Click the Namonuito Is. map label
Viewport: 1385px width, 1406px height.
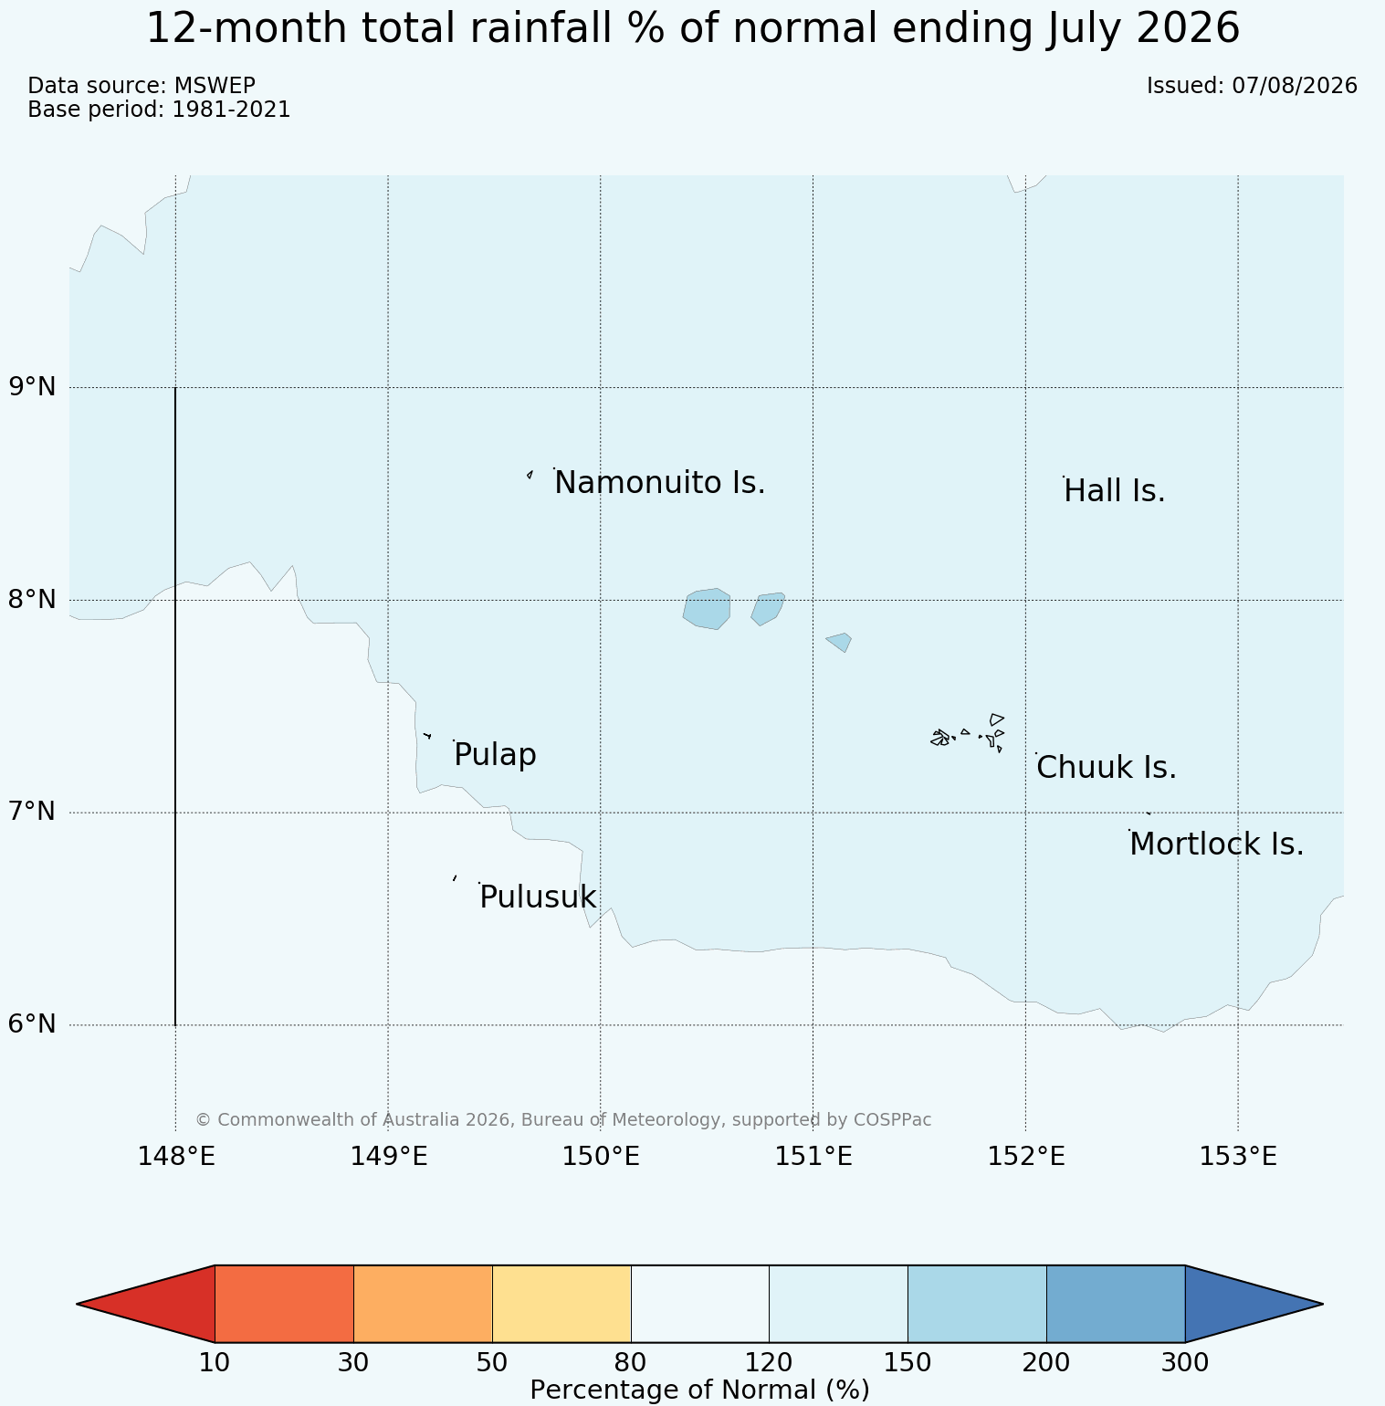tap(660, 482)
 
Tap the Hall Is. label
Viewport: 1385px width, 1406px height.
tap(1115, 491)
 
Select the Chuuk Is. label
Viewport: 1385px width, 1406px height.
tap(1107, 768)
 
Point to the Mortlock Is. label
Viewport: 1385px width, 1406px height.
tap(1216, 845)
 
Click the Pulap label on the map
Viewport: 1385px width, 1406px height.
tap(495, 756)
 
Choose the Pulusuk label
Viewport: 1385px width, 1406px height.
tap(538, 897)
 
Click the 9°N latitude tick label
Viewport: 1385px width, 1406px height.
tap(33, 387)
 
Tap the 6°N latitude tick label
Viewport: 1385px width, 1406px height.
tap(33, 1024)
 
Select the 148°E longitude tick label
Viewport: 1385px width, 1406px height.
tap(176, 1157)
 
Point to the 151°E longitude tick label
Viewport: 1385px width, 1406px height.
tap(813, 1157)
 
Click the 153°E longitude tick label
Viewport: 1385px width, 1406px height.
tap(1238, 1157)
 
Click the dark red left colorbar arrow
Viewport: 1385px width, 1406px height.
tap(146, 1304)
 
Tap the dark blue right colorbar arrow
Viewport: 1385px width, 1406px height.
tap(1254, 1304)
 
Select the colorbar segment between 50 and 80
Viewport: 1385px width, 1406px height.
tap(561, 1304)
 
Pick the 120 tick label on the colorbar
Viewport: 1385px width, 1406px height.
tap(769, 1363)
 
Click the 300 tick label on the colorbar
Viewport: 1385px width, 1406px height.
tap(1185, 1363)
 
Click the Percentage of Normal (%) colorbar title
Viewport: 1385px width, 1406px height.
tap(699, 1390)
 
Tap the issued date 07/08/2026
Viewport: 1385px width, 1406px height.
tap(1295, 86)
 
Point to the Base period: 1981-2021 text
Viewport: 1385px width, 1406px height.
tap(159, 110)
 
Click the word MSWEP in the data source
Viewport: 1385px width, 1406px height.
tap(215, 86)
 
